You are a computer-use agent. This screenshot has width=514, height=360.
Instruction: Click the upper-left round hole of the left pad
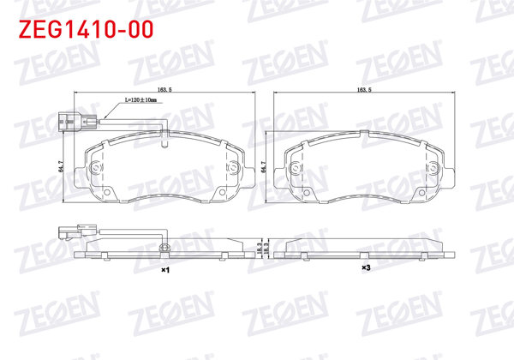[96, 165]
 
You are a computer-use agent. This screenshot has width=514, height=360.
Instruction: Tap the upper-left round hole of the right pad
[299, 165]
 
